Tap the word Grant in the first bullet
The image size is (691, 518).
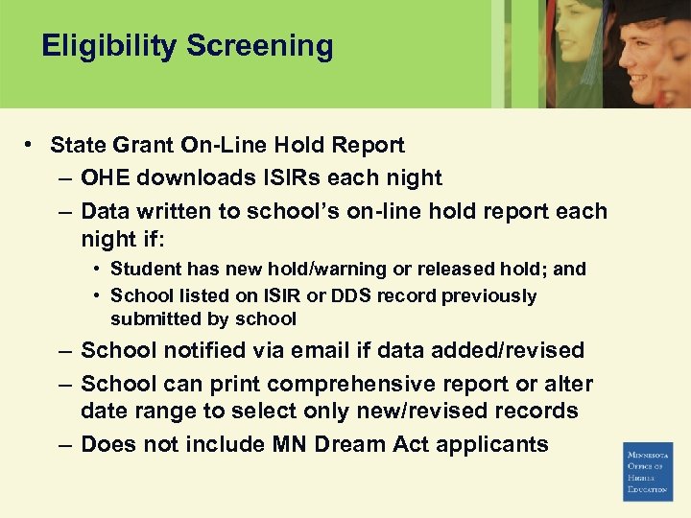pos(140,145)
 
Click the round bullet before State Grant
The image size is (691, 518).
pos(32,145)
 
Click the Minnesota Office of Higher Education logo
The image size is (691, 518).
pos(648,471)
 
